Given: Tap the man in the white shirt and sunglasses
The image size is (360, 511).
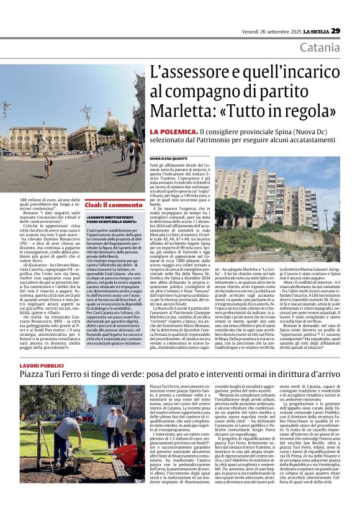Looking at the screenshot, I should click(112, 422).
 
